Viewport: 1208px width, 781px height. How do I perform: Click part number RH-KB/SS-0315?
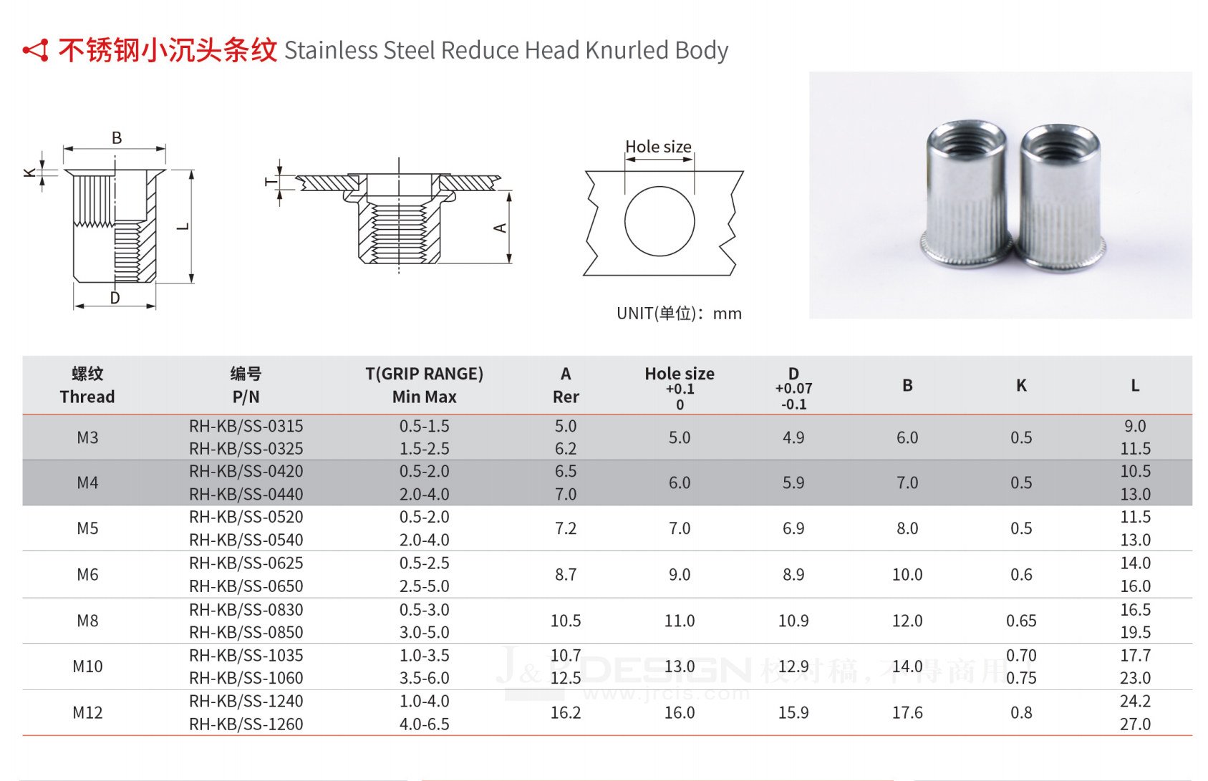click(x=246, y=426)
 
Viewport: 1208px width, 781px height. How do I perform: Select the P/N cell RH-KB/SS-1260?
click(x=246, y=724)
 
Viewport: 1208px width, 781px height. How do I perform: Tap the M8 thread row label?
click(x=87, y=621)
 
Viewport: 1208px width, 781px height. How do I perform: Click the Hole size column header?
click(x=680, y=374)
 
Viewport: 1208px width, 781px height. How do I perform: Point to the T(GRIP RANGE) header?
click(x=425, y=374)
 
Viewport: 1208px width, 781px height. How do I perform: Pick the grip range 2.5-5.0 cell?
click(x=425, y=586)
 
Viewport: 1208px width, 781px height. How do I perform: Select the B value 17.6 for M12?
click(x=907, y=712)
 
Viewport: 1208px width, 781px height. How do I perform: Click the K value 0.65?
click(x=1021, y=621)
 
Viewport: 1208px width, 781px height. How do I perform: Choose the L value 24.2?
click(x=1135, y=701)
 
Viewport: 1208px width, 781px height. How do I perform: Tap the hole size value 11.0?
click(x=680, y=621)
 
